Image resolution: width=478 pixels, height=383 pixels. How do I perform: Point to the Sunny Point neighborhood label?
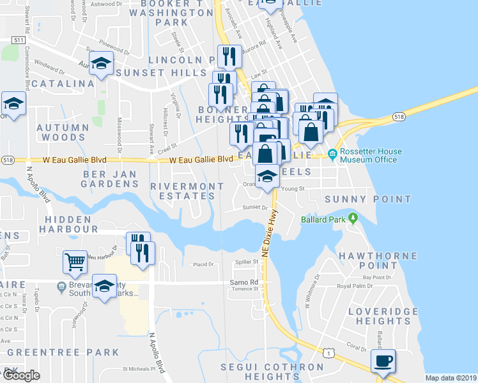367,199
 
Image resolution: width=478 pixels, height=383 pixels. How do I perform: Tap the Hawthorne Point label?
379,260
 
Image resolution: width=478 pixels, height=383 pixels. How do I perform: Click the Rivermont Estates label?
187,191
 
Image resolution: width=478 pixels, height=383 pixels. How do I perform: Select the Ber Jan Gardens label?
110,179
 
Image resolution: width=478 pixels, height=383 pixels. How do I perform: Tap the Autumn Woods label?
63,132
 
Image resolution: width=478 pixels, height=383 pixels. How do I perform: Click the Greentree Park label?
63,352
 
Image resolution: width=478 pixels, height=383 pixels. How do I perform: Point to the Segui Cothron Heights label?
272,372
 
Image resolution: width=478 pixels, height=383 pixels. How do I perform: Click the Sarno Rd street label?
244,282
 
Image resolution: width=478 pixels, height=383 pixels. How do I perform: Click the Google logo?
21,375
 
